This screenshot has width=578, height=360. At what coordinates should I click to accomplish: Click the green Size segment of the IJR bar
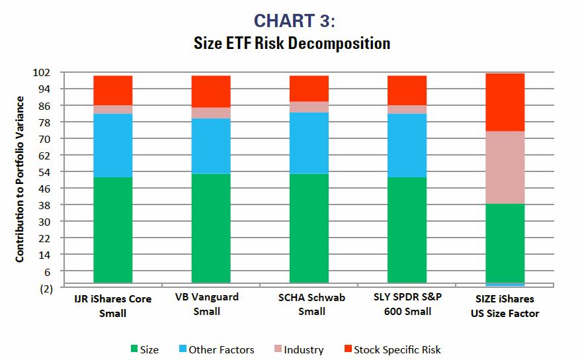[112, 230]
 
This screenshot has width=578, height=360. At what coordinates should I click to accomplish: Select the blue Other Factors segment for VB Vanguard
[211, 146]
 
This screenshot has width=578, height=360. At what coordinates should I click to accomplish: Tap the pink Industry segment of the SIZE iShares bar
[505, 167]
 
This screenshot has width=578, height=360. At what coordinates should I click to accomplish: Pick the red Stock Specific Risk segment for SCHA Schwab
[309, 88]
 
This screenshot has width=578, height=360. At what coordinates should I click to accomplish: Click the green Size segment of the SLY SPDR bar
[407, 230]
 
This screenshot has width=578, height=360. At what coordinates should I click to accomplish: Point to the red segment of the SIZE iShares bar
[505, 102]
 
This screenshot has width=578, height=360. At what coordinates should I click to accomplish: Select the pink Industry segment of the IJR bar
[112, 109]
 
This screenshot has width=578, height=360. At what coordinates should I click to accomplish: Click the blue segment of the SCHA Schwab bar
[309, 143]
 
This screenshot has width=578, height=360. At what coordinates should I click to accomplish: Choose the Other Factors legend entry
[215, 349]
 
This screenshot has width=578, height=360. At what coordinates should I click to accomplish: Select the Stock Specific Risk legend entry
[391, 349]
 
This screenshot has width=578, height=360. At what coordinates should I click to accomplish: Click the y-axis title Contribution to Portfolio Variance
[20, 179]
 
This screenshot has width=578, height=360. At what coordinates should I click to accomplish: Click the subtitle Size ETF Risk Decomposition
[292, 44]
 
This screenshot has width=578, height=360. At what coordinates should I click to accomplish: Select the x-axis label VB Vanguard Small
[207, 304]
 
